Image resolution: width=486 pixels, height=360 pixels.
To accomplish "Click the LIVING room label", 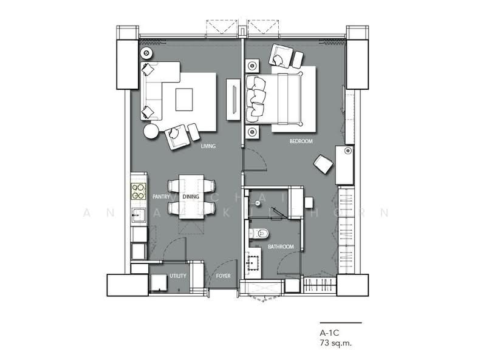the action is pos(208,146).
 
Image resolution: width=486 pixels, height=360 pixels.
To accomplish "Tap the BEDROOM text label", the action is pos(301,141).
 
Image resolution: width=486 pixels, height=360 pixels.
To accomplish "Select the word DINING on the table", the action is pos(191,197).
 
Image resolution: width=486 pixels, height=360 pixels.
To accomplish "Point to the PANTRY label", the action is pos(161,197).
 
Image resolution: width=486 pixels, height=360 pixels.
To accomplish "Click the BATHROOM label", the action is pos(281,246).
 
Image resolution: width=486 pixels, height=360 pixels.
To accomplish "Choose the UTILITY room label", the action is pos(178,276).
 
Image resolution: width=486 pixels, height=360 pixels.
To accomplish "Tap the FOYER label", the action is pos(224,276).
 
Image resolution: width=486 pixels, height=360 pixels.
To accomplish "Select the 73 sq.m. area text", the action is pos(336,343).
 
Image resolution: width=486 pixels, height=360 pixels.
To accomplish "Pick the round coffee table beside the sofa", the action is pos(151,131).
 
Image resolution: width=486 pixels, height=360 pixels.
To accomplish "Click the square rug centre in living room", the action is pos(184,99).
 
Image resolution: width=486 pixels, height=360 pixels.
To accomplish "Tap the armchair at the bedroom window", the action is pos(281,56).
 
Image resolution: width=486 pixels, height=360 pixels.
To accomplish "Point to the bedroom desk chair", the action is pos(323,165).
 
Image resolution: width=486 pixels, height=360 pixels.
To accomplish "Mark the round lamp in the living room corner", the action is pos(146,53).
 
